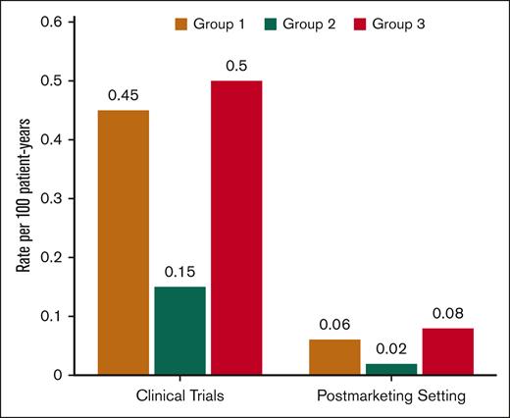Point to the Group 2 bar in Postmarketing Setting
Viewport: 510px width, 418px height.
pyautogui.click(x=390, y=369)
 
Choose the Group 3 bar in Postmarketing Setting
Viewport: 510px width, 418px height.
pyautogui.click(x=446, y=351)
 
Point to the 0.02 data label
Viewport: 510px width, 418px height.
pyautogui.click(x=390, y=349)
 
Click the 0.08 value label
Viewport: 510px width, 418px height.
pyautogui.click(x=446, y=314)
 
